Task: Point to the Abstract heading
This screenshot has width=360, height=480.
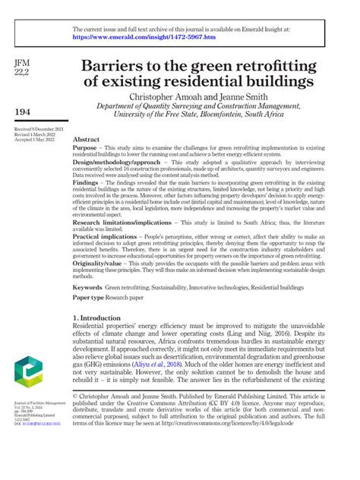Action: click(86, 141)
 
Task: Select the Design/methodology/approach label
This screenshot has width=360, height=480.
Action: click(116, 163)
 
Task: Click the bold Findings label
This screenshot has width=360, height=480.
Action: click(88, 183)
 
